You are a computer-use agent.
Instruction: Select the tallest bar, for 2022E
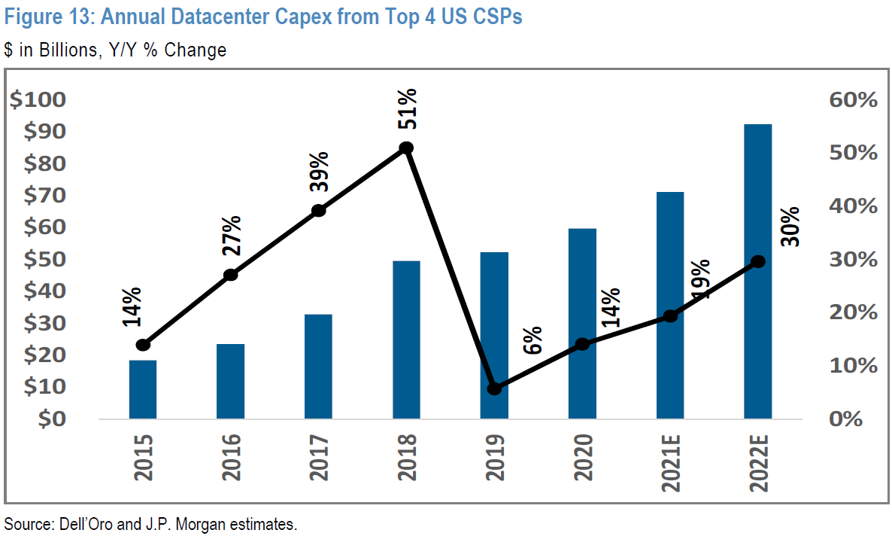click(x=757, y=271)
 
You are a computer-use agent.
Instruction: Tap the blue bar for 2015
click(x=143, y=389)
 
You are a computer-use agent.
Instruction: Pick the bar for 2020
click(x=582, y=324)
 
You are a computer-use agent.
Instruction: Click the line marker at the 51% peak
click(x=406, y=148)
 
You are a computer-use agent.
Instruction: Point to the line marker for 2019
click(x=494, y=388)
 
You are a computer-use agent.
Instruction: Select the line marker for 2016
click(x=231, y=275)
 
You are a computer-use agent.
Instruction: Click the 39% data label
click(x=319, y=173)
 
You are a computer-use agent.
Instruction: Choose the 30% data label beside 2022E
click(x=790, y=226)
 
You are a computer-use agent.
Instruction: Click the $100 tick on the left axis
click(x=49, y=100)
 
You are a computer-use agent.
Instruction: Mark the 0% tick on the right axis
click(x=857, y=419)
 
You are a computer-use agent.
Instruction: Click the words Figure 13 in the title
click(x=44, y=17)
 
